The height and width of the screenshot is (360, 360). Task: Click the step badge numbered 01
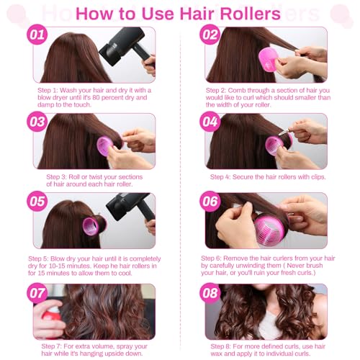pyautogui.click(x=37, y=35)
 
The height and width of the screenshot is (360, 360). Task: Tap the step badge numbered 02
pyautogui.click(x=210, y=35)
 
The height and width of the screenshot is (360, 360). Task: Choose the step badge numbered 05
pyautogui.click(x=37, y=200)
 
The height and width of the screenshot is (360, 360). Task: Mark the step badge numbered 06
pyautogui.click(x=210, y=200)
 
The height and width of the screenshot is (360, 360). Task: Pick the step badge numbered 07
pyautogui.click(x=37, y=292)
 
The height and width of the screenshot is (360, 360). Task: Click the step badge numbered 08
pyautogui.click(x=210, y=292)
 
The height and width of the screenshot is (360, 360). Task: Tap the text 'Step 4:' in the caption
pyautogui.click(x=223, y=176)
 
